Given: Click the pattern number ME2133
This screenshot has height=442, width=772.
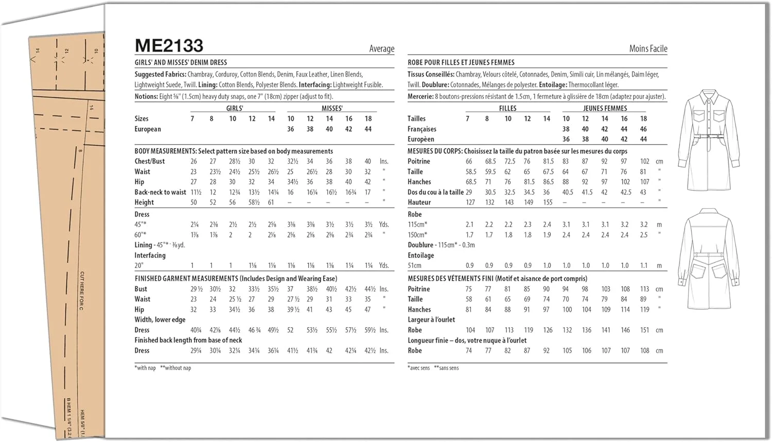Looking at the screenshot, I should (169, 46).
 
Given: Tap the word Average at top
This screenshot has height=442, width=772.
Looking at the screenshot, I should (381, 49).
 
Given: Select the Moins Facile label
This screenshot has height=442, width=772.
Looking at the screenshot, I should (648, 49).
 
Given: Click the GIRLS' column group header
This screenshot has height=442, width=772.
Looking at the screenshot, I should (235, 108).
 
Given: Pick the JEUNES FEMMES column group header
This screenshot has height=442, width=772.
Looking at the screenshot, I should (605, 108).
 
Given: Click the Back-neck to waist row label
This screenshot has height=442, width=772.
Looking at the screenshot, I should (160, 192).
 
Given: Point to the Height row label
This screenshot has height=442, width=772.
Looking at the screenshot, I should (144, 202).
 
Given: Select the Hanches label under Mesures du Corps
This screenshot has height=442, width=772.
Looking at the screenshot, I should (419, 182).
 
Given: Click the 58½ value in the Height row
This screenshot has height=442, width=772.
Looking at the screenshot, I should (254, 202).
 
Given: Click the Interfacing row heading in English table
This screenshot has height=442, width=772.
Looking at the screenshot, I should (150, 256).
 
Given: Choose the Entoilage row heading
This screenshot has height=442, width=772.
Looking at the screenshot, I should (420, 256).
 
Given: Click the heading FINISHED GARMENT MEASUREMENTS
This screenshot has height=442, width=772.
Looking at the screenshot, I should (186, 279).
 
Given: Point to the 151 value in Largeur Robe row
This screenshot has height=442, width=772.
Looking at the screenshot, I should (644, 330).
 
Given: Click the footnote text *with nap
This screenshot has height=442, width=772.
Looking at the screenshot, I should (145, 368).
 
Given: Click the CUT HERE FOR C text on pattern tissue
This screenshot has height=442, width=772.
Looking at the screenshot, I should (82, 291).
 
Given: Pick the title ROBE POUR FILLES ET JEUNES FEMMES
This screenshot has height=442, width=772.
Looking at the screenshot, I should (461, 62).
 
